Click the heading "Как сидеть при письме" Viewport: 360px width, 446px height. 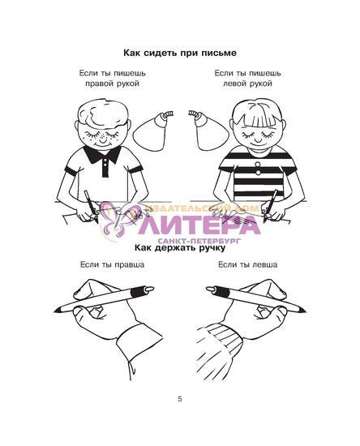coord(180,54)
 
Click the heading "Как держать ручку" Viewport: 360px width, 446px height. coord(180,248)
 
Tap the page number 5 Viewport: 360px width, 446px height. coord(180,399)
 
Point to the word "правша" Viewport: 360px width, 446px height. coord(129,265)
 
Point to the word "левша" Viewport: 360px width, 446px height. coord(263,265)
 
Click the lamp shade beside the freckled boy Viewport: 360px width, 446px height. coord(149,134)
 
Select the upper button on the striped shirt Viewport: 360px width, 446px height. coord(258,165)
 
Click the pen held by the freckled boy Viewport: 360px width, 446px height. coord(91,206)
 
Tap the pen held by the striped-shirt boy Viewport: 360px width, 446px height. coord(270,205)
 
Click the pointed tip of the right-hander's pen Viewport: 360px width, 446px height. coord(55,311)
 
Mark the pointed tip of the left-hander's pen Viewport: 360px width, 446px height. coord(304,310)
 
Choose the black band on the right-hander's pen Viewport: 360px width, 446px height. coord(137,293)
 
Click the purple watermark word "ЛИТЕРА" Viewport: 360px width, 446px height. coord(199,225)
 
